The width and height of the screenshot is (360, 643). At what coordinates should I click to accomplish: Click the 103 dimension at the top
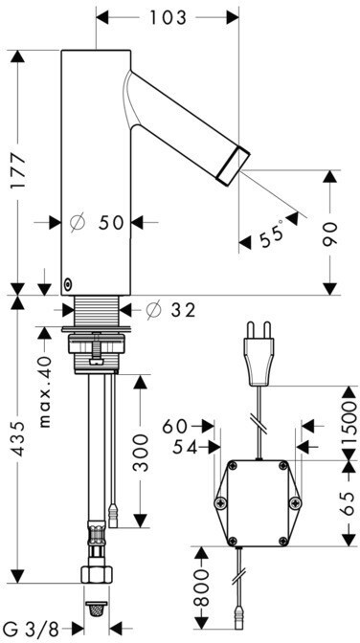(x=168, y=17)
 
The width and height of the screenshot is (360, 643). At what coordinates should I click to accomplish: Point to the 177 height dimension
(x=18, y=170)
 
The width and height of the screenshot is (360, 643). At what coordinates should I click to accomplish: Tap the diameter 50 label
(x=97, y=223)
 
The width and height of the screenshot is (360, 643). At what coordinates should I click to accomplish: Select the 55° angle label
(x=272, y=233)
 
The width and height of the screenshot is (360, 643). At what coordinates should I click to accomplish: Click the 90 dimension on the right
(x=329, y=233)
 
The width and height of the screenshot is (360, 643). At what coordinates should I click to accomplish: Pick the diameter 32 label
(x=170, y=310)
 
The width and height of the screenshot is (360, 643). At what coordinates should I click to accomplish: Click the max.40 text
(x=45, y=392)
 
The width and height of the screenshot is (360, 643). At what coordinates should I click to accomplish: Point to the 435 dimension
(x=18, y=438)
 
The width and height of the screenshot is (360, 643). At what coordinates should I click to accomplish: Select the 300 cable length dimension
(x=141, y=454)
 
